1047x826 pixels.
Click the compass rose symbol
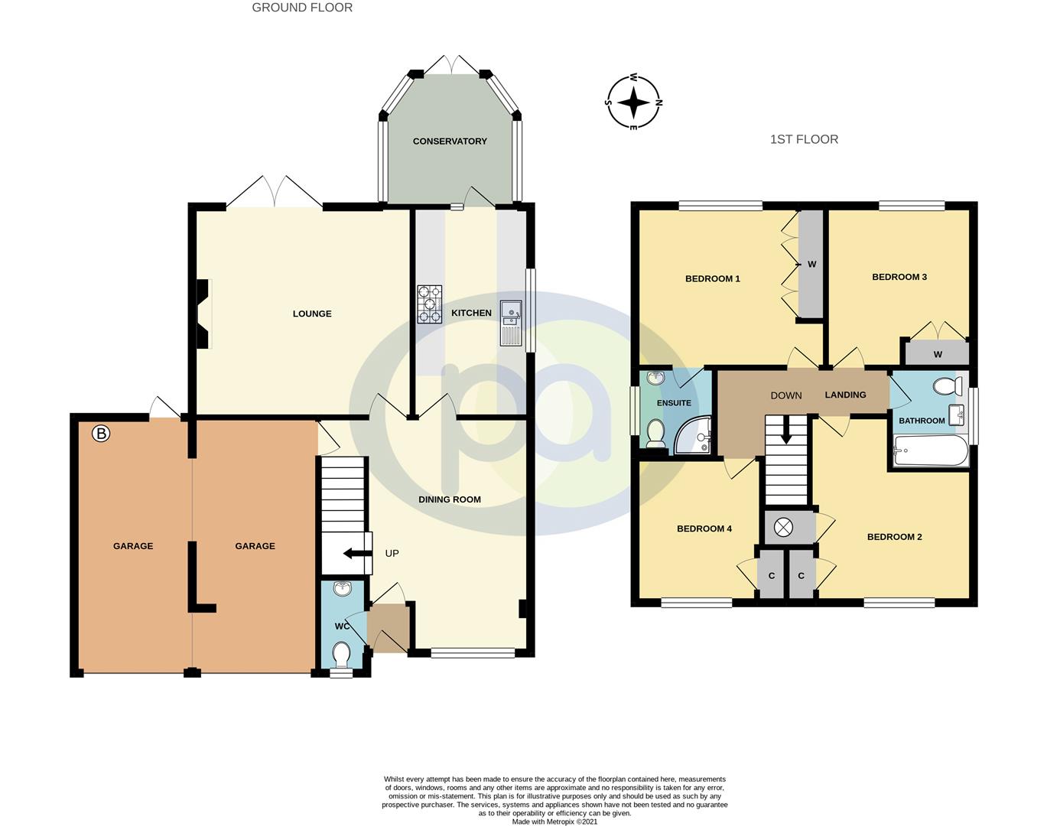(633, 102)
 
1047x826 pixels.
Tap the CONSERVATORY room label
(450, 141)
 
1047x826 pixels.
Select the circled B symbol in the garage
(101, 434)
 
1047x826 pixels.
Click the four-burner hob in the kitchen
(429, 304)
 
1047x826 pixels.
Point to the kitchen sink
(510, 322)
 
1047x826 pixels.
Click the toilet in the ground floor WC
(342, 655)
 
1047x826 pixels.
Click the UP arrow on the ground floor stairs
(353, 554)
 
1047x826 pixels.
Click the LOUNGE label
(312, 314)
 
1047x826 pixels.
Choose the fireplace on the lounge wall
(203, 314)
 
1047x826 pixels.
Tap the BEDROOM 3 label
(899, 277)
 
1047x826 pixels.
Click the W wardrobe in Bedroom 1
(811, 265)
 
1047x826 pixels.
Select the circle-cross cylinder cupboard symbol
(784, 528)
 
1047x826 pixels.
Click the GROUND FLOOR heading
(302, 8)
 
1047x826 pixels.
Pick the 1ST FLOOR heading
(804, 139)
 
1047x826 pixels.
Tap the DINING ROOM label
(450, 499)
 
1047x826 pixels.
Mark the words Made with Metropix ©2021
(554, 821)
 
